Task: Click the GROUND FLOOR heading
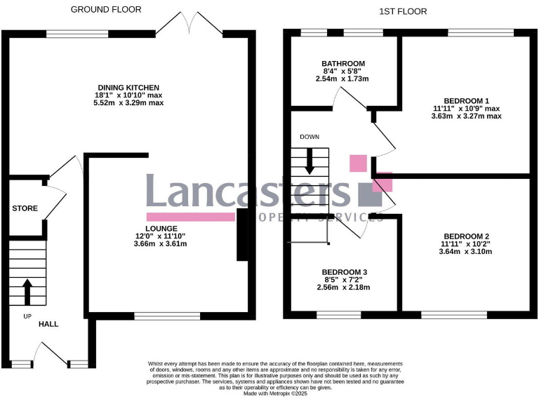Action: coord(106,10)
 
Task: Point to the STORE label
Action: coord(25,208)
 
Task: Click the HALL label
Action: coord(48,324)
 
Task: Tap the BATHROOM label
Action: coord(344,64)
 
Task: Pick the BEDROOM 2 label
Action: coord(467,236)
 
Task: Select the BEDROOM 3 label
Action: coord(345,272)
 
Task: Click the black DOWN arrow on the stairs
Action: coord(310,163)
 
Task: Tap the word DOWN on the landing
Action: coord(309,137)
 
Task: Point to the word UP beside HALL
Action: coord(27,316)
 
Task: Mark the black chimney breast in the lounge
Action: coord(242,236)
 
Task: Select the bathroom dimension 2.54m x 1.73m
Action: coord(344,79)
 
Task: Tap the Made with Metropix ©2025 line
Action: coord(274,394)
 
